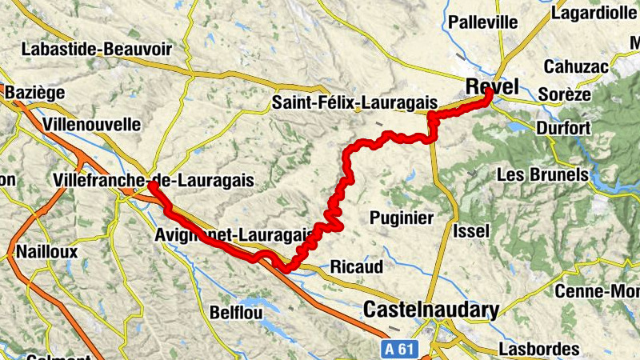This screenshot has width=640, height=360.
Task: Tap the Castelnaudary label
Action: pyautogui.click(x=431, y=310)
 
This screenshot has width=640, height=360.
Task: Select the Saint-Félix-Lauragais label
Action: pyautogui.click(x=354, y=102)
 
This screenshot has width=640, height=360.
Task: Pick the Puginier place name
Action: pyautogui.click(x=401, y=218)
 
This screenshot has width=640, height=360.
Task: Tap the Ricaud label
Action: pyautogui.click(x=357, y=266)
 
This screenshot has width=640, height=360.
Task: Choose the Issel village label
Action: pyautogui.click(x=470, y=231)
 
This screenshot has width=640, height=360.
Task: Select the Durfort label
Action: pyautogui.click(x=564, y=128)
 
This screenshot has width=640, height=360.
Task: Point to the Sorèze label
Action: pyautogui.click(x=565, y=94)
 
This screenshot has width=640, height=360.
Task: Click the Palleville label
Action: pyautogui.click(x=483, y=22)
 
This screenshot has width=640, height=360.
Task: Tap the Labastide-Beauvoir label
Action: pyautogui.click(x=97, y=49)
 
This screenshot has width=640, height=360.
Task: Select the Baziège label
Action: pyautogui.click(x=34, y=94)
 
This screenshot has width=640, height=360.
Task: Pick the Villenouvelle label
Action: pyautogui.click(x=93, y=125)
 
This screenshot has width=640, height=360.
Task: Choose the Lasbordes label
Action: pyautogui.click(x=538, y=349)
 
